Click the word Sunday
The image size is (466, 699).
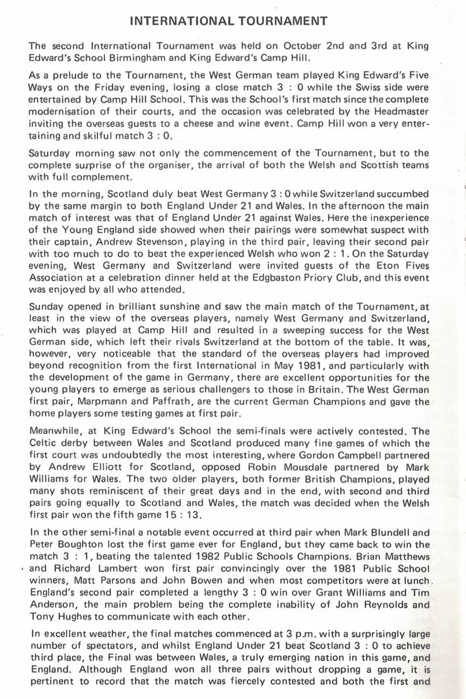click(x=47, y=306)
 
